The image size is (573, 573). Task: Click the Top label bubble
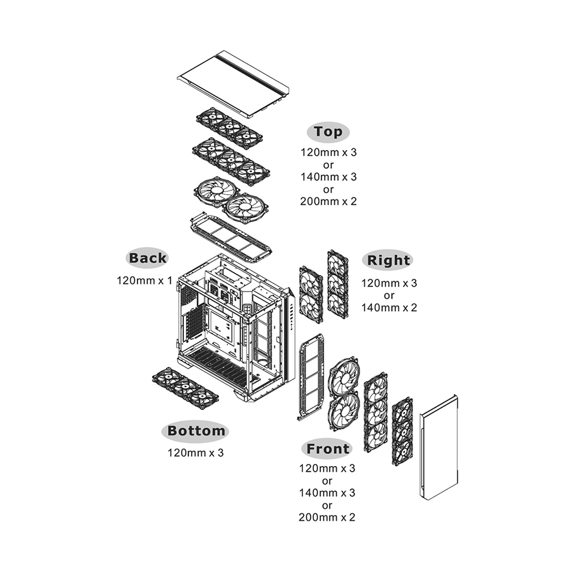pos(328,132)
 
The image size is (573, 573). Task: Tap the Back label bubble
pos(148,258)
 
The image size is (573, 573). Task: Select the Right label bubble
pos(388,260)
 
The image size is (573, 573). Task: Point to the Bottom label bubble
pos(196,431)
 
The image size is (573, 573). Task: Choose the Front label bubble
pos(327,449)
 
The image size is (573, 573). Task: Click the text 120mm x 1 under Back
pos(145,279)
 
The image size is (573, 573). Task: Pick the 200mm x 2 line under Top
pos(329,201)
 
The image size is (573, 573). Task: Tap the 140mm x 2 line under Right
pos(389,308)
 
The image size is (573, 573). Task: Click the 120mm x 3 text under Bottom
pos(195,453)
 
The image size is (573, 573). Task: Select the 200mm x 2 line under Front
pos(327,517)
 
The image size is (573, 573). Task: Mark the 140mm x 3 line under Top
pos(329,177)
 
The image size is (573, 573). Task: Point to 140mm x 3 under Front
pos(327,493)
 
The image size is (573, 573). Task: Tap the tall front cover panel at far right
pos(439,446)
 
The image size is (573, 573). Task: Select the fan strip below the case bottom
pos(185,388)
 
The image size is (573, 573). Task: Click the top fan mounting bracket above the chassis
pos(230,237)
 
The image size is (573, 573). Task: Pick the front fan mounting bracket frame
pos(311,377)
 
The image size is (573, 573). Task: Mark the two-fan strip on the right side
pos(311,294)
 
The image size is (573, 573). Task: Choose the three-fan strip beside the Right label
pos(337,283)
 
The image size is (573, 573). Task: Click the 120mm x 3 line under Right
pos(389,283)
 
